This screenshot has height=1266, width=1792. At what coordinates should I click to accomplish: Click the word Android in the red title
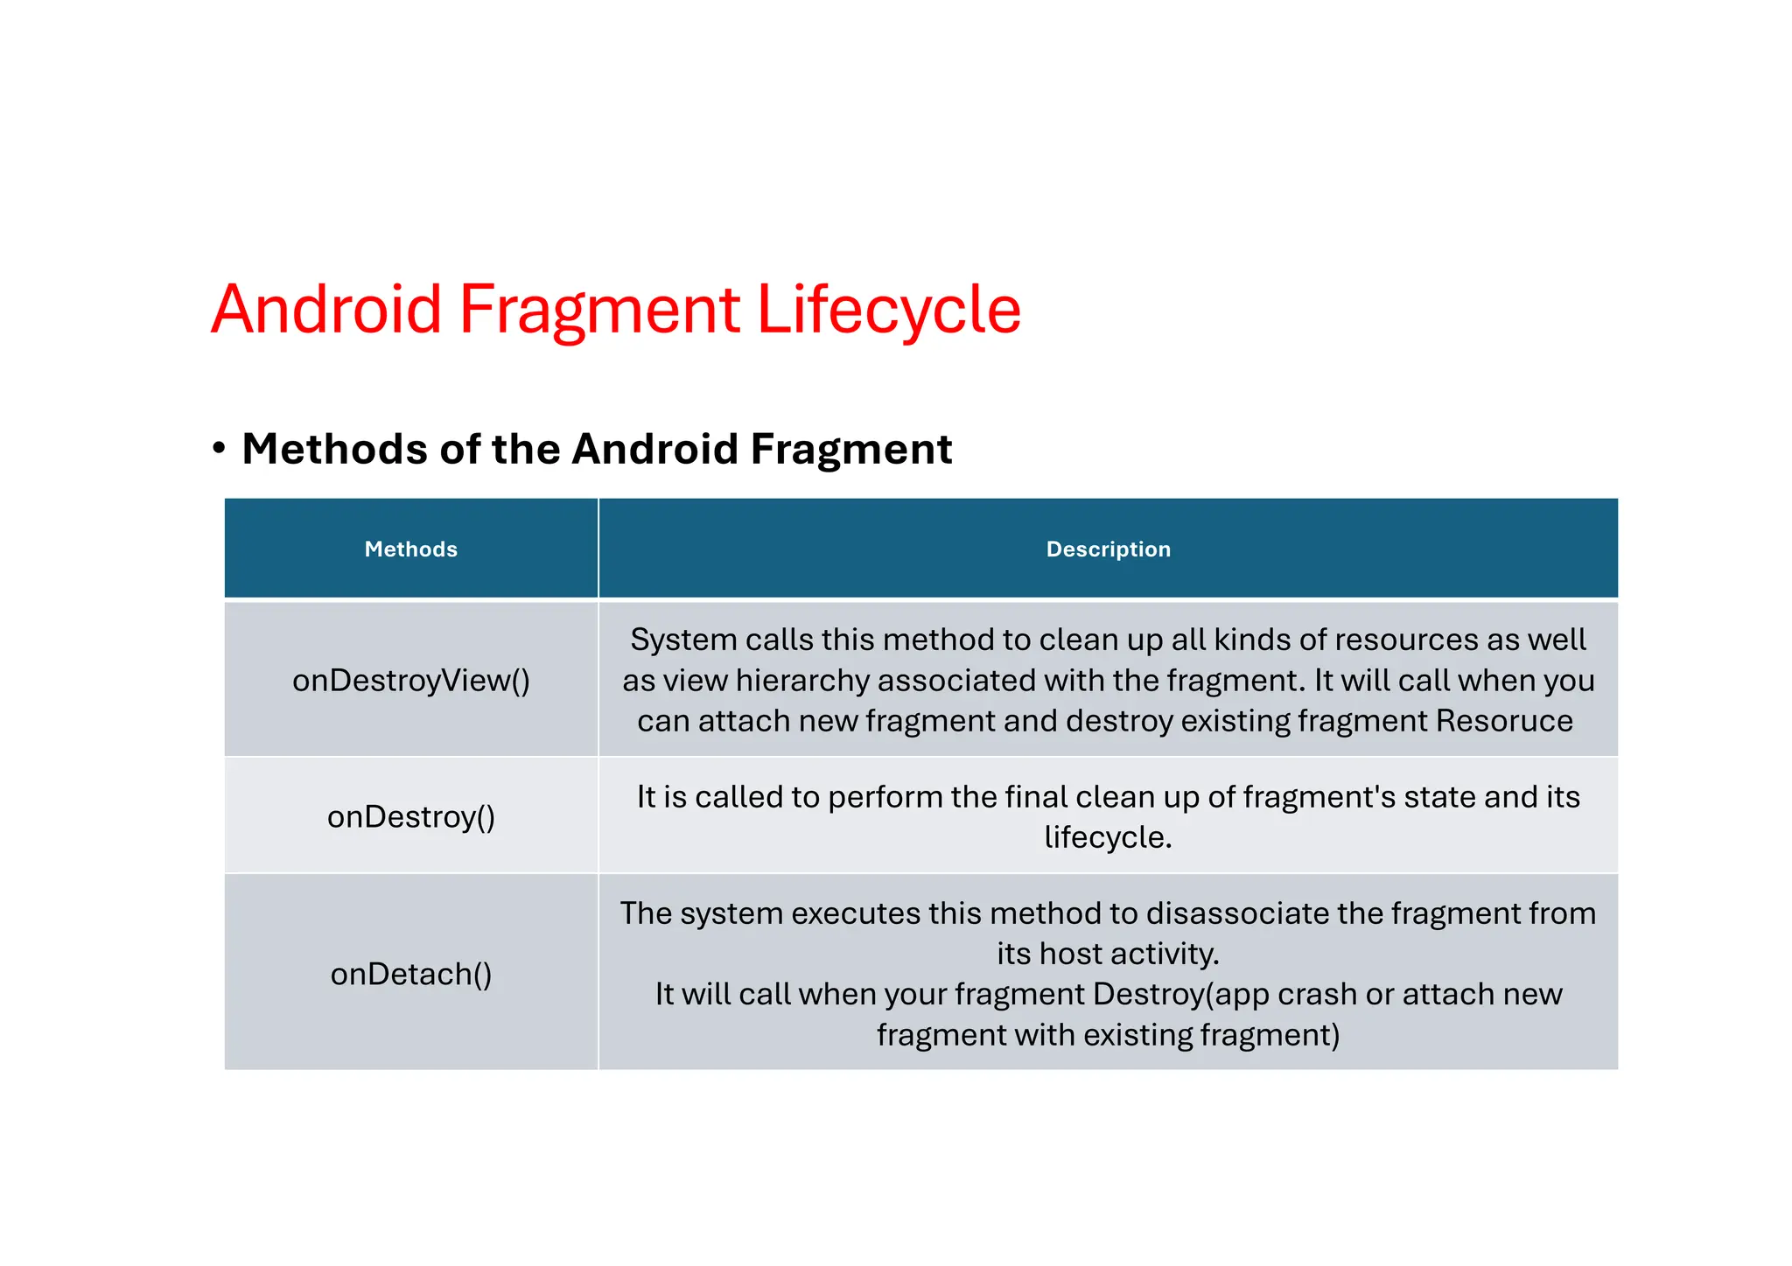coord(326,310)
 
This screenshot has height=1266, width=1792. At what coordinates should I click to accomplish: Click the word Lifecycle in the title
coord(888,310)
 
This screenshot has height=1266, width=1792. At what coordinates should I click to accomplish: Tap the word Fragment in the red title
coord(599,310)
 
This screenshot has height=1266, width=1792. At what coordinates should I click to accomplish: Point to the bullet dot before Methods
coord(219,449)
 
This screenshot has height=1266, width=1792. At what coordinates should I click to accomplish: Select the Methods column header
coord(410,549)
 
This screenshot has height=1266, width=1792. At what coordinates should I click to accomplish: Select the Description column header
coord(1108,549)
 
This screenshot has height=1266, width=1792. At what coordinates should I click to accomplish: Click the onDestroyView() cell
coord(410,681)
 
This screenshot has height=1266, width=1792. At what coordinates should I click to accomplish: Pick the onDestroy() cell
coord(410,816)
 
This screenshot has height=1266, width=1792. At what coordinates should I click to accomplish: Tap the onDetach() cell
coord(410,974)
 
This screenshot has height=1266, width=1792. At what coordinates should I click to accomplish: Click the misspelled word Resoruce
coord(1504,721)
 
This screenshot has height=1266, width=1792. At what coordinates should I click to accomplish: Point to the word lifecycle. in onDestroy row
coord(1108,837)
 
